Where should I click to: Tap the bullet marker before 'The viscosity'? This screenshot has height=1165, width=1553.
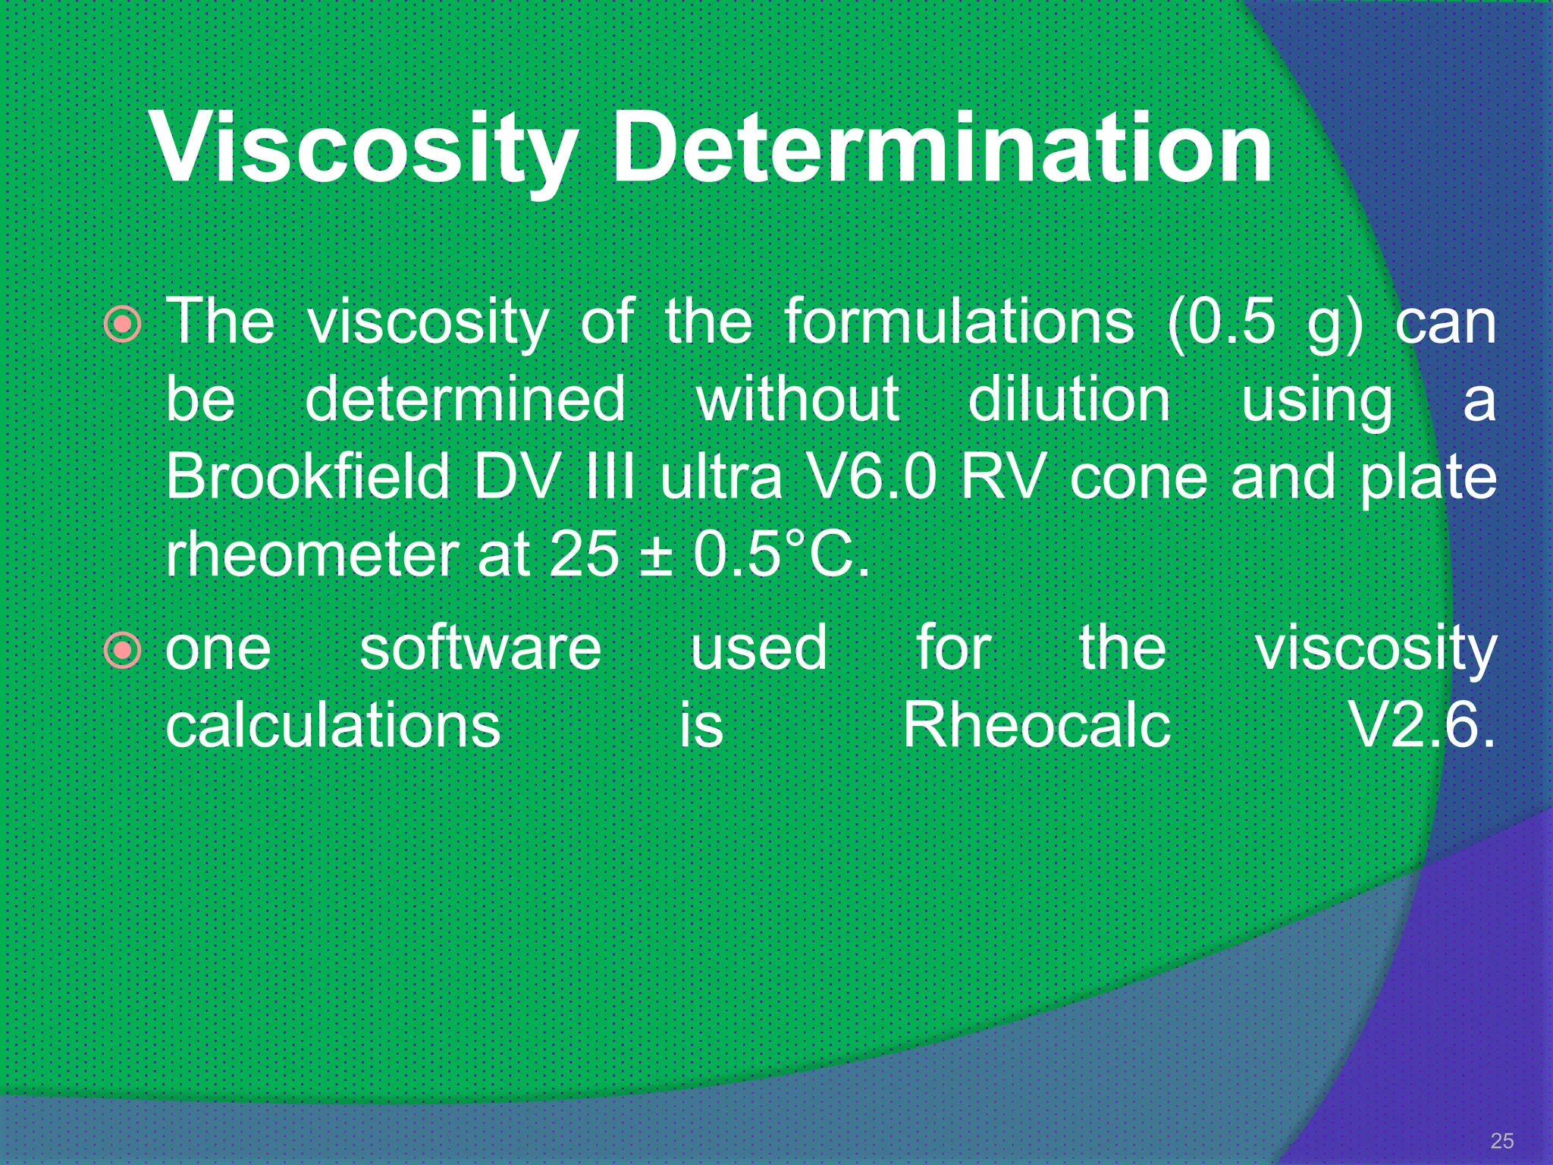click(x=122, y=325)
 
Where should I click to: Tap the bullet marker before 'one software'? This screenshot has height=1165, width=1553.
click(x=122, y=651)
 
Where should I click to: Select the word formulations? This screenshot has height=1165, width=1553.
click(x=958, y=322)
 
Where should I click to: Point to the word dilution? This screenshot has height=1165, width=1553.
click(x=1069, y=400)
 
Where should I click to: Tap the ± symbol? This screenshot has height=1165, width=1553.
click(x=656, y=555)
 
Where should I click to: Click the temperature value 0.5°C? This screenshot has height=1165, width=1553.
click(x=781, y=555)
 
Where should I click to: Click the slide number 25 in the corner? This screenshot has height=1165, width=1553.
click(x=1501, y=1141)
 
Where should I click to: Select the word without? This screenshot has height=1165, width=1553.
click(x=798, y=400)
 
